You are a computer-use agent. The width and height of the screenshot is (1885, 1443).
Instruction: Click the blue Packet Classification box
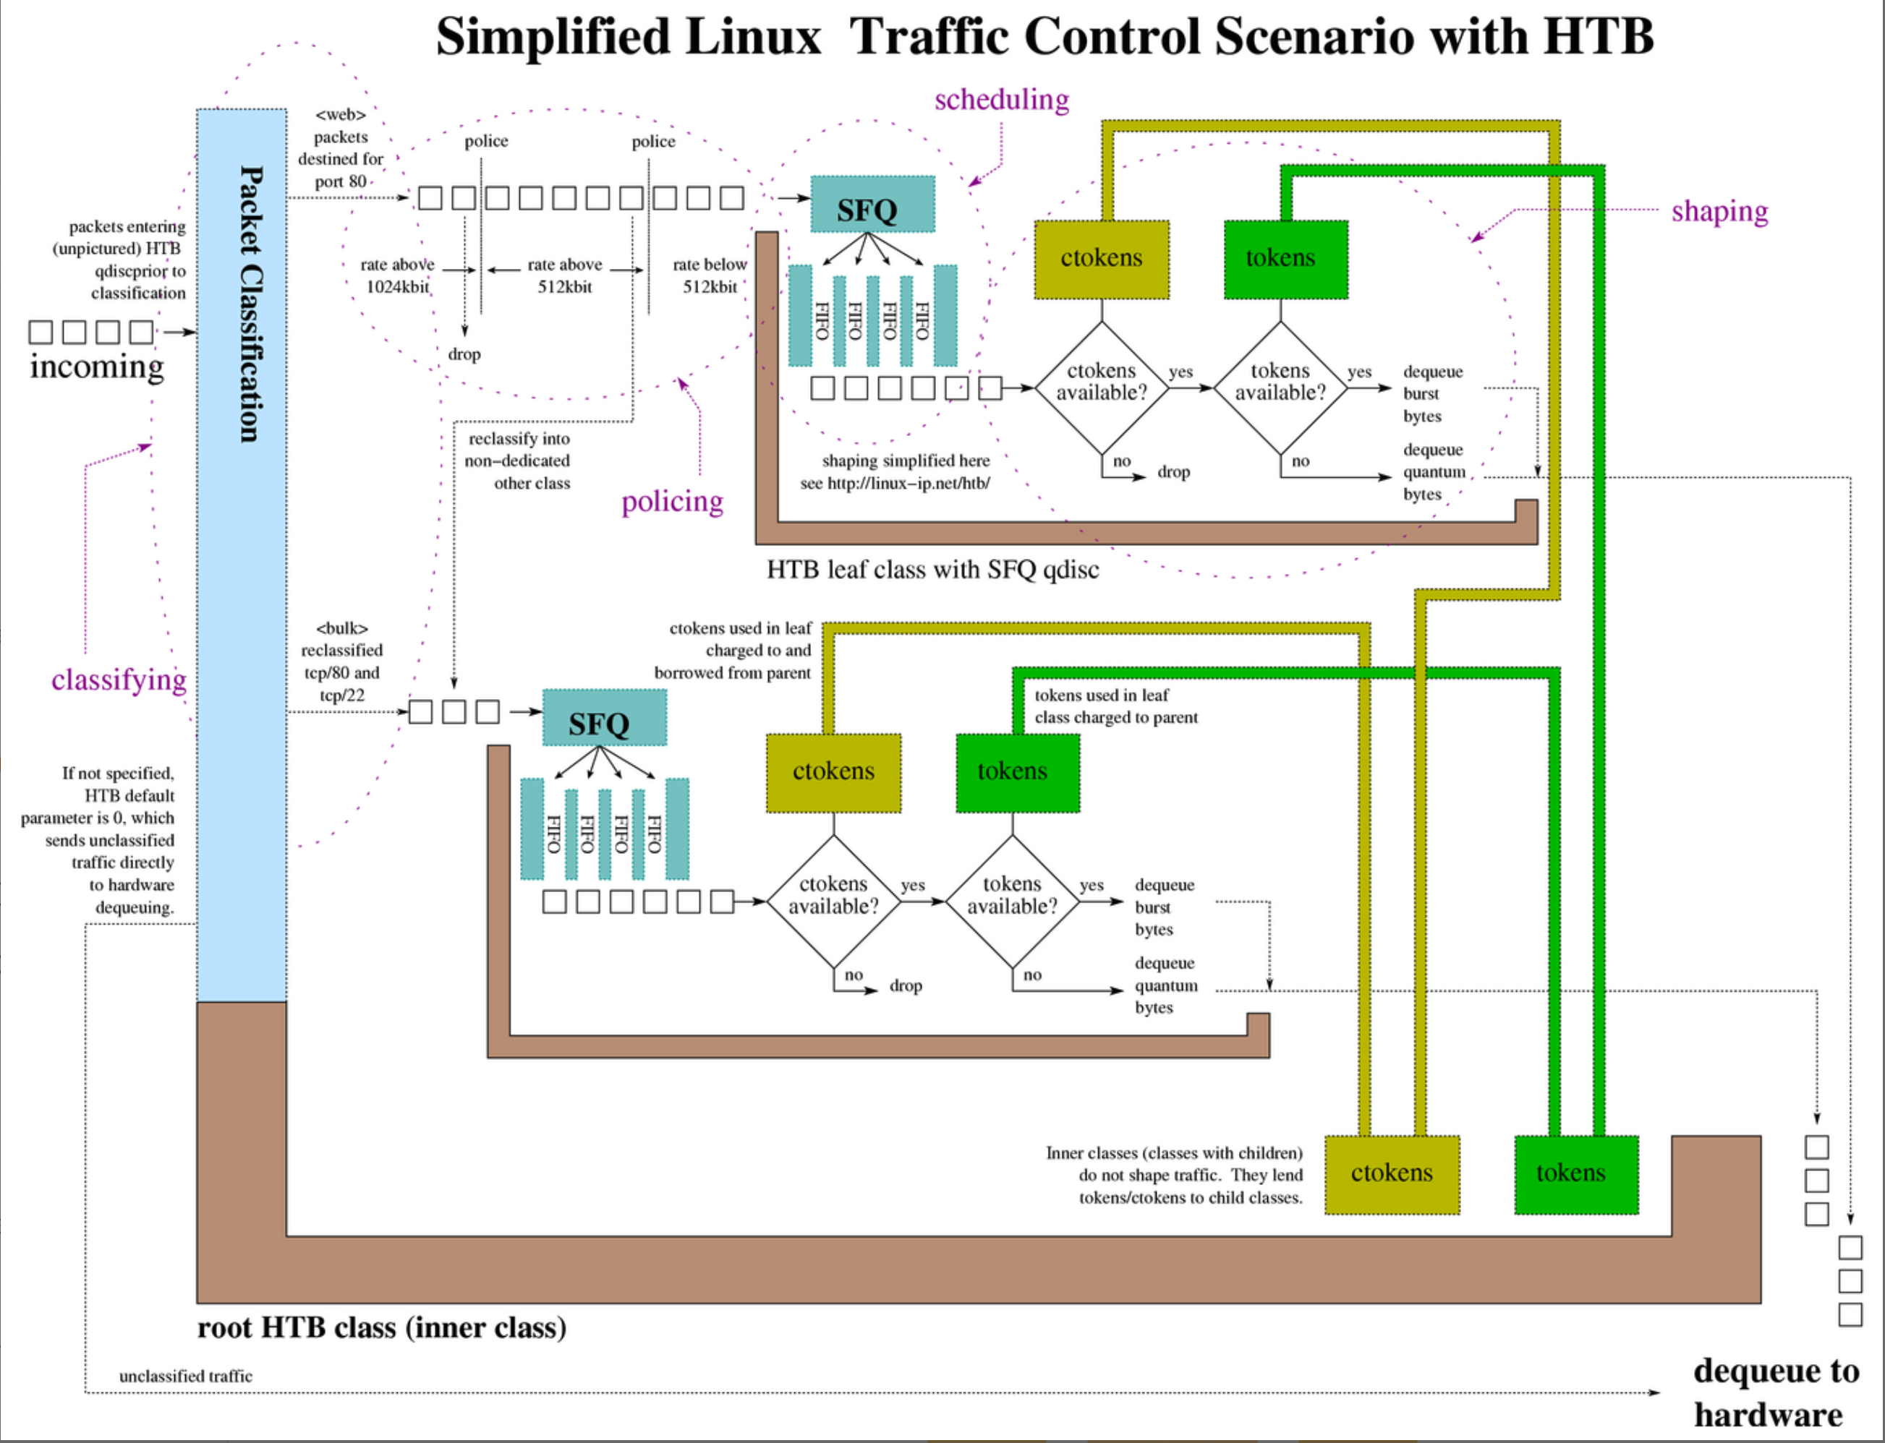coord(242,554)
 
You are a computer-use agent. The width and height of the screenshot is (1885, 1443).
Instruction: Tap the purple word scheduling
coord(1002,100)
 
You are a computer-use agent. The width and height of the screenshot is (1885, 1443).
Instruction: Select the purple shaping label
coord(1719,211)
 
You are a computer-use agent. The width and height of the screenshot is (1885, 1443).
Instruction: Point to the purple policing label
coord(672,502)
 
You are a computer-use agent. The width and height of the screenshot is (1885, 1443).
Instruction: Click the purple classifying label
coord(119,680)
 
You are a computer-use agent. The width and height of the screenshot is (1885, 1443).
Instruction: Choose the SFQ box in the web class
coord(872,205)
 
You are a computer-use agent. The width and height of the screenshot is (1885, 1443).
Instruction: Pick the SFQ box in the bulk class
coord(604,718)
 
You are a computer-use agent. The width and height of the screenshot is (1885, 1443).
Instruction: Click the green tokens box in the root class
coord(1575,1174)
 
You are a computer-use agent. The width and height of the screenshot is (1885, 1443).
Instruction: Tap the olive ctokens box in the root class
coord(1392,1174)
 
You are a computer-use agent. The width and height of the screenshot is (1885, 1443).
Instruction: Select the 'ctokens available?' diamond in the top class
coord(1102,382)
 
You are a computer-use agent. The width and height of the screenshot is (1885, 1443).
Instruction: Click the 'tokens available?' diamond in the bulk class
coord(1012,896)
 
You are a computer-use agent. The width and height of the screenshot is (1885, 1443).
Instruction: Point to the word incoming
coord(96,367)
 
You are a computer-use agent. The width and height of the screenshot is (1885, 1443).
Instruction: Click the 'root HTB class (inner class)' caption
coord(381,1328)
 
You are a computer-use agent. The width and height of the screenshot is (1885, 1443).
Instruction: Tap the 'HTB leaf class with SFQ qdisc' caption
coord(932,570)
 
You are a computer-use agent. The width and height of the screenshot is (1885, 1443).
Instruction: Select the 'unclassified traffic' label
coord(186,1376)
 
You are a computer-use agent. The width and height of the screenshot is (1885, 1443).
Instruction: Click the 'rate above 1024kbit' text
coord(397,275)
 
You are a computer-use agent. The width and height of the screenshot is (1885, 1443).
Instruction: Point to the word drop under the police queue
coord(464,354)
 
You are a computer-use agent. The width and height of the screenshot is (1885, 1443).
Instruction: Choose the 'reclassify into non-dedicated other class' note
coord(518,461)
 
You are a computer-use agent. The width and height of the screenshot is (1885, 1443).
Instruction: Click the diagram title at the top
coord(1044,37)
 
